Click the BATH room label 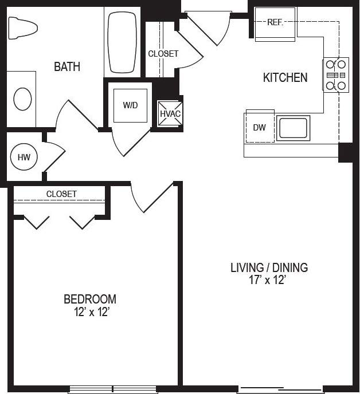67,67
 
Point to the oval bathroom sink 23,99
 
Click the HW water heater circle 24,157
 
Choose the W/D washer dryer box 130,106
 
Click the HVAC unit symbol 170,113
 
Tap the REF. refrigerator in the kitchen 275,23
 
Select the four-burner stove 336,75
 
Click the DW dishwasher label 260,128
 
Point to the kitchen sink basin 293,128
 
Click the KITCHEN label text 285,78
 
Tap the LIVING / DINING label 269,267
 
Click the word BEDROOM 90,299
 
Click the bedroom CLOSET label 61,194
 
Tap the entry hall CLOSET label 163,54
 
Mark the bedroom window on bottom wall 112,389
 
